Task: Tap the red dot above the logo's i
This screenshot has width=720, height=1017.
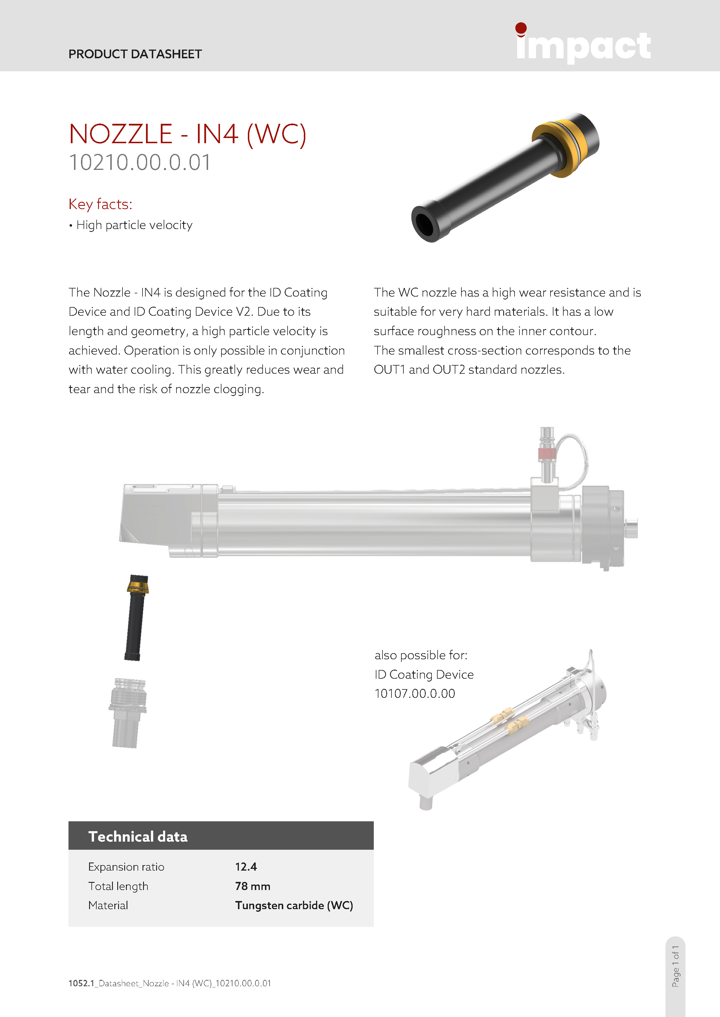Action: [521, 28]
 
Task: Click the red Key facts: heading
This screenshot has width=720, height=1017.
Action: [100, 204]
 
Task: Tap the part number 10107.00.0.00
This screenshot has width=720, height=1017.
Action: [414, 694]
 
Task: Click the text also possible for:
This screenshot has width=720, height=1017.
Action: [421, 655]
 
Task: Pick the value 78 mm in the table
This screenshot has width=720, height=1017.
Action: [252, 886]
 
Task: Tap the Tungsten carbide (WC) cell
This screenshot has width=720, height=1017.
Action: [293, 905]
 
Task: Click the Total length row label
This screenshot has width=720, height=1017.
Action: [118, 886]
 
